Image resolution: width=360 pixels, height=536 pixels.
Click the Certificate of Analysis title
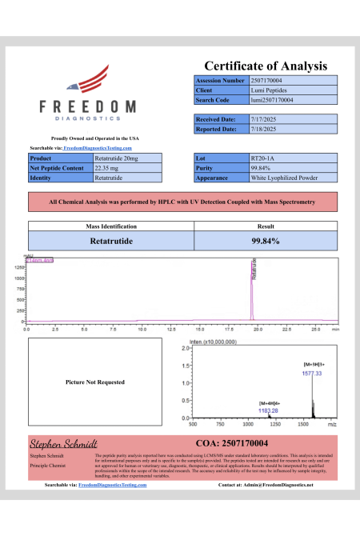coord(266,66)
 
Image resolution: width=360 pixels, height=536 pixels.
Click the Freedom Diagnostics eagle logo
coord(88,82)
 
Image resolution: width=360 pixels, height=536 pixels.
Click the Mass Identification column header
coord(111,227)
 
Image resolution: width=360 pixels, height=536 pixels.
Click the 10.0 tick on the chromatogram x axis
coord(142,328)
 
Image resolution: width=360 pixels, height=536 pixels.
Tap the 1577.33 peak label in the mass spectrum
coord(312,373)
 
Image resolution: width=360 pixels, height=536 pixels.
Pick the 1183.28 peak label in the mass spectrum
coord(269,409)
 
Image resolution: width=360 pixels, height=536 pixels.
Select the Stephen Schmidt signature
coord(63,442)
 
